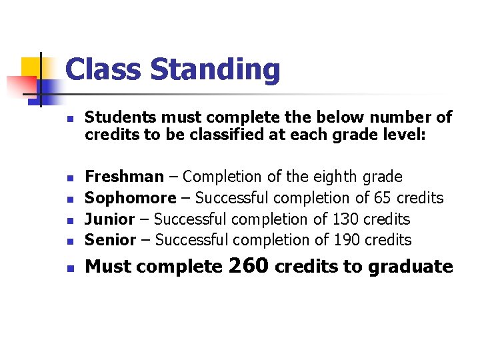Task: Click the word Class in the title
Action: tap(103, 69)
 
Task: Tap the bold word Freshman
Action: tap(125, 177)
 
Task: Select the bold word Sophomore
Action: tap(131, 198)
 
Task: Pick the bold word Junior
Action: tap(110, 219)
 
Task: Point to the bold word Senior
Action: tap(111, 240)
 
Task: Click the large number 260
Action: tap(249, 265)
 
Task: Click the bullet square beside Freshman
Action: tap(69, 178)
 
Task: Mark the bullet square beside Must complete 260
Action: tap(69, 268)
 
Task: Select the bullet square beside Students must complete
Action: tap(69, 119)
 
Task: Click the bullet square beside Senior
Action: tap(69, 241)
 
